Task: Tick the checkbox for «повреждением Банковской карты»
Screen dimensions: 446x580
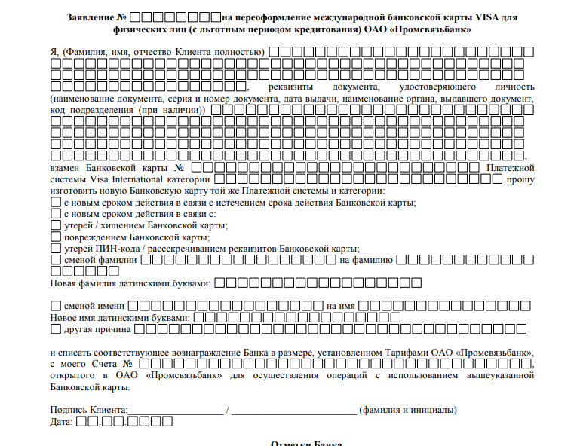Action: click(x=55, y=237)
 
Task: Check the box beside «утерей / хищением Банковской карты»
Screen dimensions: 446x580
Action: click(x=55, y=225)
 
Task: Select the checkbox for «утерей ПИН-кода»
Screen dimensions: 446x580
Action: click(x=55, y=248)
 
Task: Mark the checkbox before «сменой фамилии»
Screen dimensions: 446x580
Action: click(x=55, y=260)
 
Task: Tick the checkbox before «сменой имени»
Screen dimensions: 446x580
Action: click(x=55, y=306)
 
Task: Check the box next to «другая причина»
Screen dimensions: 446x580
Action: click(x=55, y=329)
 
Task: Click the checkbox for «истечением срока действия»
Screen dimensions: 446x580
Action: click(x=55, y=203)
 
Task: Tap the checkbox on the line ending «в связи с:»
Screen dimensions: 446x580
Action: click(x=55, y=214)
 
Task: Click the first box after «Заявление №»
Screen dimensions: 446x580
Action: click(x=146, y=17)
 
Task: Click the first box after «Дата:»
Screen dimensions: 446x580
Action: click(x=82, y=422)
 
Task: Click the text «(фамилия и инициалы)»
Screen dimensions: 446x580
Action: click(x=407, y=411)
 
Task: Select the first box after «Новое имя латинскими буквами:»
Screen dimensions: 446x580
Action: click(x=199, y=318)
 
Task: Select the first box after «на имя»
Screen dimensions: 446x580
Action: click(x=364, y=306)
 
